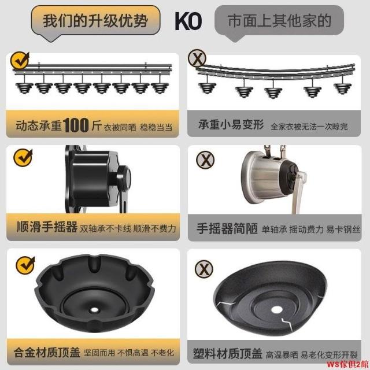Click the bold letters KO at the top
pyautogui.click(x=188, y=21)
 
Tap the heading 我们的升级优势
pyautogui.click(x=95, y=21)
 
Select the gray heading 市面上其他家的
pyautogui.click(x=279, y=21)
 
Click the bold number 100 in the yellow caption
pyautogui.click(x=76, y=125)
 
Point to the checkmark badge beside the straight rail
pyautogui.click(x=20, y=60)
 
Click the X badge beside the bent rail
pyautogui.click(x=197, y=58)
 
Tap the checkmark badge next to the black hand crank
pyautogui.click(x=23, y=158)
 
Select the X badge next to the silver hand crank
pyautogui.click(x=205, y=160)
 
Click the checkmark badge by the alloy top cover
pyautogui.click(x=25, y=265)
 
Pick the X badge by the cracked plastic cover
pyautogui.click(x=204, y=269)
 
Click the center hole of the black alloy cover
pyautogui.click(x=94, y=310)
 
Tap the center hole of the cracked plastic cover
pyautogui.click(x=276, y=310)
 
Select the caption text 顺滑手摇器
pyautogui.click(x=47, y=227)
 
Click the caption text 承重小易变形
pyautogui.click(x=231, y=124)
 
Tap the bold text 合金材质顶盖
pyautogui.click(x=47, y=353)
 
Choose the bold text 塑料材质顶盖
pyautogui.click(x=228, y=353)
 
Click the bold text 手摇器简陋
pyautogui.click(x=227, y=228)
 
